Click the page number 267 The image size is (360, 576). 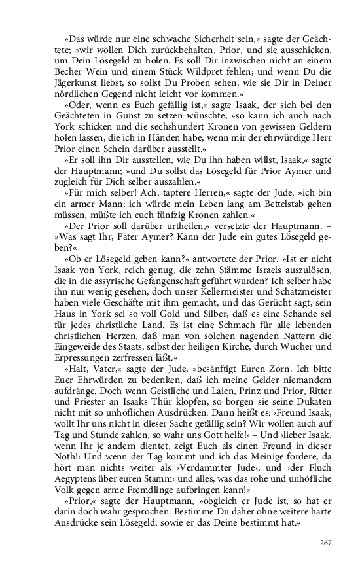click(x=326, y=542)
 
